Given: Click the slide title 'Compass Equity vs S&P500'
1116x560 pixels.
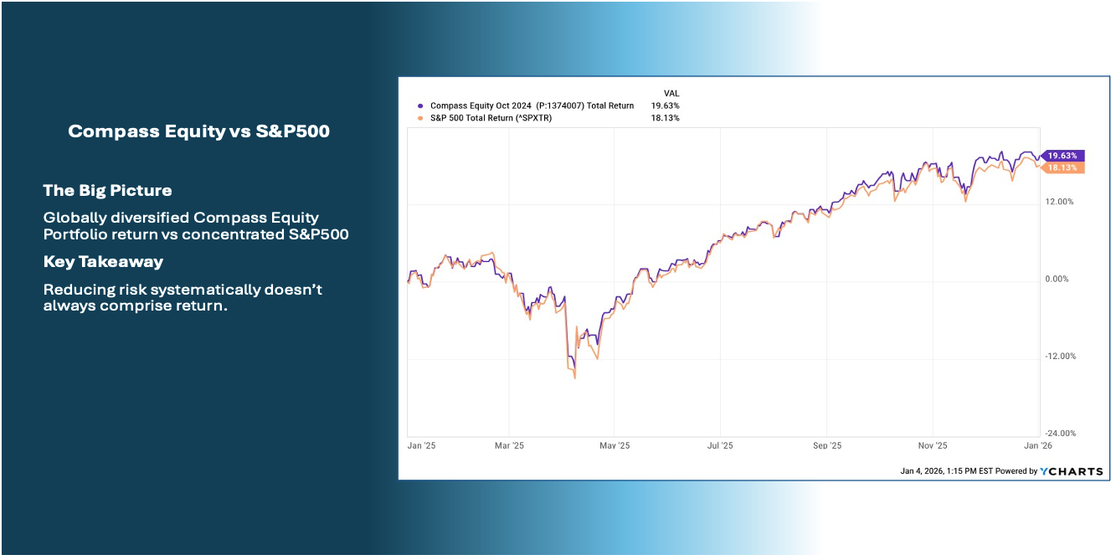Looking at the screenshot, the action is coord(198,131).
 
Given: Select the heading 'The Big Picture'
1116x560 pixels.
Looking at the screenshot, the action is coord(108,190).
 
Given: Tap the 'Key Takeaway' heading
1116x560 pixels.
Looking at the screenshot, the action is coord(103,261).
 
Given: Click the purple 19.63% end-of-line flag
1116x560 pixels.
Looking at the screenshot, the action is coord(1062,156).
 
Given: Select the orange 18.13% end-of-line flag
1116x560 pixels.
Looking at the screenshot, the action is coord(1062,168).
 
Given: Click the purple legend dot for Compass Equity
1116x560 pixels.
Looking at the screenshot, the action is coord(420,106).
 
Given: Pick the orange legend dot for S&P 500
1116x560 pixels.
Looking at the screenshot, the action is coord(420,118).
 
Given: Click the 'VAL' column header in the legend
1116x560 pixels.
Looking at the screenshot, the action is coord(671,94).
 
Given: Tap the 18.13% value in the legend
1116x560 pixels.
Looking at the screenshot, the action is coord(665,118).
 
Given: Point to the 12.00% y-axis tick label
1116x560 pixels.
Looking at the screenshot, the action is coord(1059,202).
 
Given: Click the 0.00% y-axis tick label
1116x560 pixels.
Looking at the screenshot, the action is coord(1057,279).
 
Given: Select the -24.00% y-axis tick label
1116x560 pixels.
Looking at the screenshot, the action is coord(1061,434).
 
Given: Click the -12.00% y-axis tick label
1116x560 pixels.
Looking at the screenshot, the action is coord(1061,357).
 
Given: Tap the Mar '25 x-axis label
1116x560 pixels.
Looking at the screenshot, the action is coord(509,445).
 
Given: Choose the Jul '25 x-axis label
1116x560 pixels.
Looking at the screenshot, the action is coord(720,445).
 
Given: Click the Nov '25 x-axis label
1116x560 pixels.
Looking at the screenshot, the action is coord(933,445).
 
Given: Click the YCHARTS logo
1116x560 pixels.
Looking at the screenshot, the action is coord(1072,471).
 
